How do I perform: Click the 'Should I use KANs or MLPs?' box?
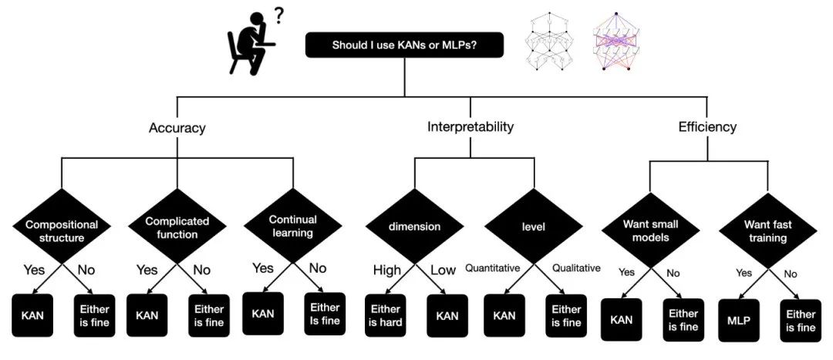pos(403,45)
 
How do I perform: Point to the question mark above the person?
pos(278,17)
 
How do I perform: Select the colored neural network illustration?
pos(616,42)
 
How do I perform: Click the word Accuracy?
pos(177,128)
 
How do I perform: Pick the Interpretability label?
pos(470,127)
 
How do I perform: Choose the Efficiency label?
pos(707,127)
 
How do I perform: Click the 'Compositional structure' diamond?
pos(62,226)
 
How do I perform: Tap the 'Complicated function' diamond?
pos(177,226)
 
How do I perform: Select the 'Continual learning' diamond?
pos(293,225)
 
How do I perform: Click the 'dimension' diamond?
pos(415,226)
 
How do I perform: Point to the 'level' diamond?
pos(534,226)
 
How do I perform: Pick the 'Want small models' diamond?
pos(650,230)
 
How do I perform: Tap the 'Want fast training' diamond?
pos(767,230)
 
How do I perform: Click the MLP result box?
pos(739,320)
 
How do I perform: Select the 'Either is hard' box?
pos(385,315)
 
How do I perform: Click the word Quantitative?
pos(492,268)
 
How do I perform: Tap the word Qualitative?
pos(576,268)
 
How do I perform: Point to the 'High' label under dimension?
pos(386,271)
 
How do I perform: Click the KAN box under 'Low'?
pos(447,315)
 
